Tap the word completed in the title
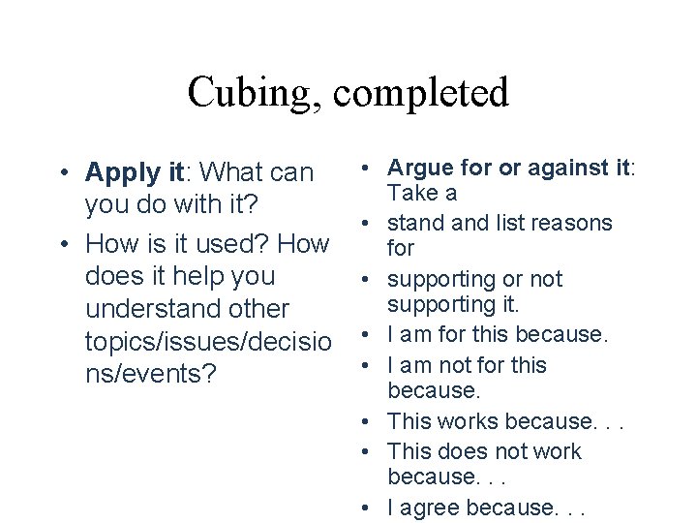click(421, 93)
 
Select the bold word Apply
click(119, 172)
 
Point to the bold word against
click(560, 168)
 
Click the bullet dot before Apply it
click(61, 172)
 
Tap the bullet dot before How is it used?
click(61, 242)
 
